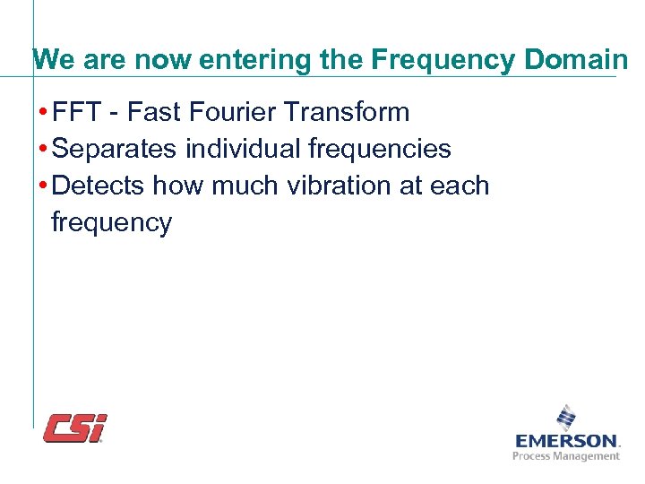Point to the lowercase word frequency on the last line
[x=111, y=222]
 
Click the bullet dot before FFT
[x=44, y=113]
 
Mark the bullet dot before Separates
[x=44, y=150]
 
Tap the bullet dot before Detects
[x=44, y=186]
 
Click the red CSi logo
[x=75, y=428]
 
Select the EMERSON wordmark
[x=567, y=441]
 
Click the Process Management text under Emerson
[x=566, y=456]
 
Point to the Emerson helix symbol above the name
[x=566, y=418]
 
